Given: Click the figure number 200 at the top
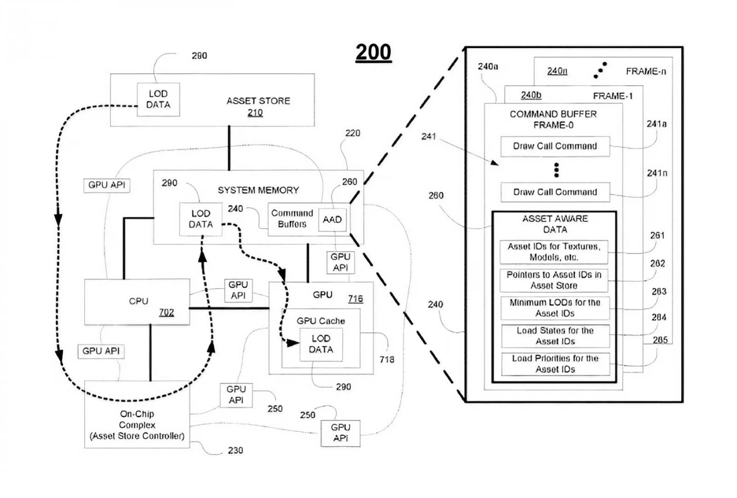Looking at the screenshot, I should (373, 52).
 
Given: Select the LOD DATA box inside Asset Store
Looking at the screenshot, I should (158, 99).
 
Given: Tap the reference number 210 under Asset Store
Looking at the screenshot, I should (255, 112).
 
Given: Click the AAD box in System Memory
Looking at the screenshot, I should (333, 219).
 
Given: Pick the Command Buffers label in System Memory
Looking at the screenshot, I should (292, 219).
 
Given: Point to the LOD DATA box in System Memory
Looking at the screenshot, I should (201, 219).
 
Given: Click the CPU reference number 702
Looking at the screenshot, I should (166, 313).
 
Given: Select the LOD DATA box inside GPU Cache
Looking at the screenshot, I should (321, 344).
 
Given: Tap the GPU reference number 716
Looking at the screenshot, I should (355, 299).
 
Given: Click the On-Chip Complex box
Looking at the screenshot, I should (137, 425).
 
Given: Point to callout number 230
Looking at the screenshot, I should (235, 451).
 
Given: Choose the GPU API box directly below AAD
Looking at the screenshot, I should (340, 262).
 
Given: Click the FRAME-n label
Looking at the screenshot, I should (645, 71).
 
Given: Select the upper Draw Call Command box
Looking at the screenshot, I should (555, 146).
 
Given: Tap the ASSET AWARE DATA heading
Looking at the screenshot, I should (555, 224).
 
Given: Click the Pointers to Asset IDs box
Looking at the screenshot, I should (554, 280).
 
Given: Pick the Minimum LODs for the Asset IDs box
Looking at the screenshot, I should (555, 308).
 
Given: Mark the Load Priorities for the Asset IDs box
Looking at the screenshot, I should (555, 364).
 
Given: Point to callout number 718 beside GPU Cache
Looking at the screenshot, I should (386, 359).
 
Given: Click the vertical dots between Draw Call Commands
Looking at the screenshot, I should (556, 170).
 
